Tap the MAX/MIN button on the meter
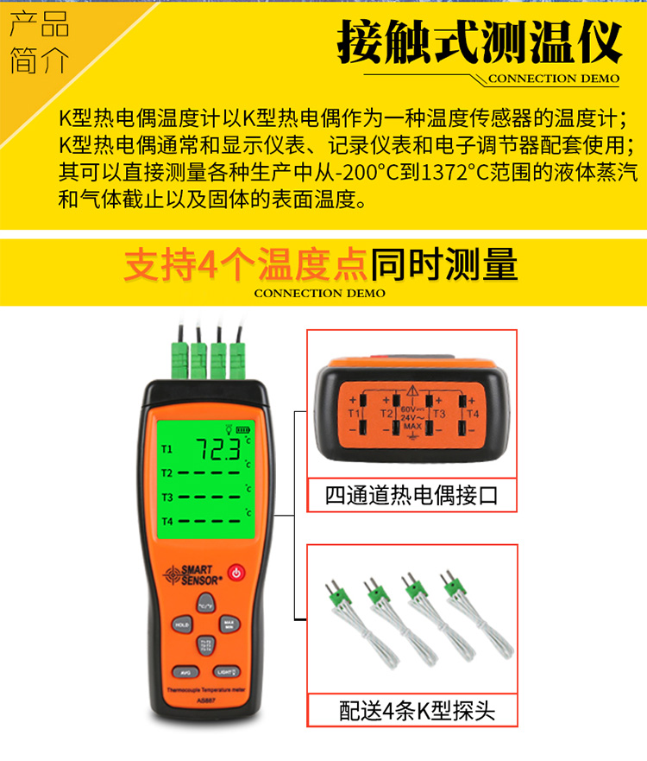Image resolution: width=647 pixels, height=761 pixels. pyautogui.click(x=229, y=624)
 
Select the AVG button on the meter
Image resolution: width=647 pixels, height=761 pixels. pyautogui.click(x=184, y=671)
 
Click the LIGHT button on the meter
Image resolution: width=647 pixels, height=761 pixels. pyautogui.click(x=225, y=671)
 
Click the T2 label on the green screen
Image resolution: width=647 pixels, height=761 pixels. pyautogui.click(x=167, y=472)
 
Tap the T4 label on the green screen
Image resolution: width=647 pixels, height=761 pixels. pyautogui.click(x=167, y=521)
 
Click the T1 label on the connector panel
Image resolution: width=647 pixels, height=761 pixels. pyautogui.click(x=354, y=415)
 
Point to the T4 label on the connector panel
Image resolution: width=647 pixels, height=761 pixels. pyautogui.click(x=472, y=415)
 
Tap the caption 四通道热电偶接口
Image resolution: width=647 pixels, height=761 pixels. pyautogui.click(x=411, y=496)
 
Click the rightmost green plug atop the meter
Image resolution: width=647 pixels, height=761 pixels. pyautogui.click(x=237, y=354)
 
